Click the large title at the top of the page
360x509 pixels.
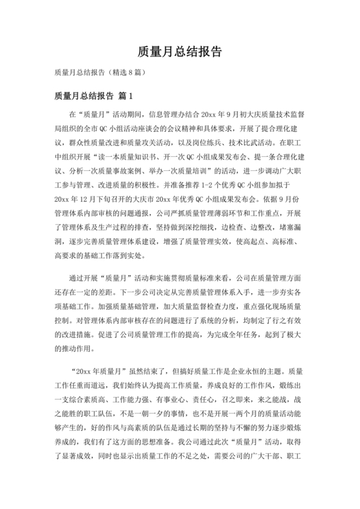coord(180,51)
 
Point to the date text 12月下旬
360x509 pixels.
coord(96,199)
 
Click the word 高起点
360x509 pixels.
coord(255,242)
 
